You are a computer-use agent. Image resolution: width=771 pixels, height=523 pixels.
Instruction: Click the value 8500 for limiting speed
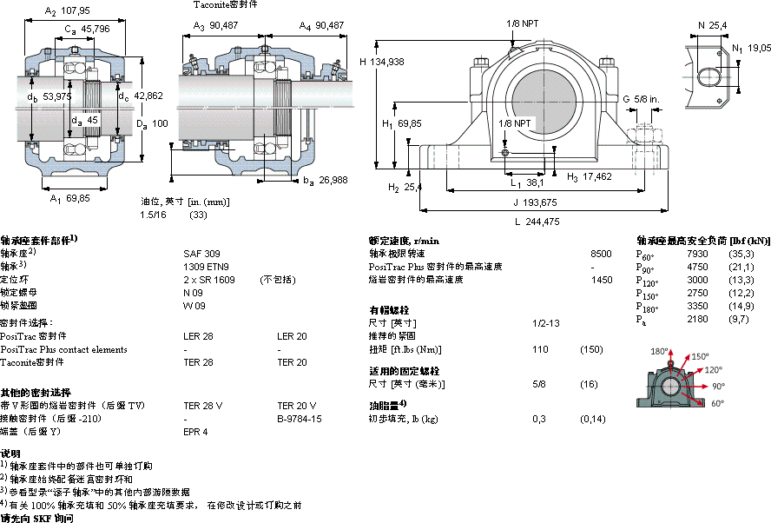coord(601,253)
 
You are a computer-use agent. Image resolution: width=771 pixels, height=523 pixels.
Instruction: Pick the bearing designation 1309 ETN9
coord(207,266)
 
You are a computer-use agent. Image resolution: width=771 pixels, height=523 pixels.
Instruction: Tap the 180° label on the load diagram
coord(661,350)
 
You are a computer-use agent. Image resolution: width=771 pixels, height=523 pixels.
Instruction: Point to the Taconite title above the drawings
coord(225,4)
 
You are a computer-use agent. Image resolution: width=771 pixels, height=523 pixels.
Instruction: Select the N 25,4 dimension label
coord(713,25)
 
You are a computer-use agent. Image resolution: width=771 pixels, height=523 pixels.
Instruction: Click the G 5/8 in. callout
coord(642,98)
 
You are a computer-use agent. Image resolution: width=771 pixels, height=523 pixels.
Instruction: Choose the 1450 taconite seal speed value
coord(601,280)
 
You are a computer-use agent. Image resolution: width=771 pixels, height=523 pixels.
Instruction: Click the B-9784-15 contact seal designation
coord(300,418)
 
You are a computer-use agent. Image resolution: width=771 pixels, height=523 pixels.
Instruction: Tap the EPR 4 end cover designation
coord(195,431)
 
